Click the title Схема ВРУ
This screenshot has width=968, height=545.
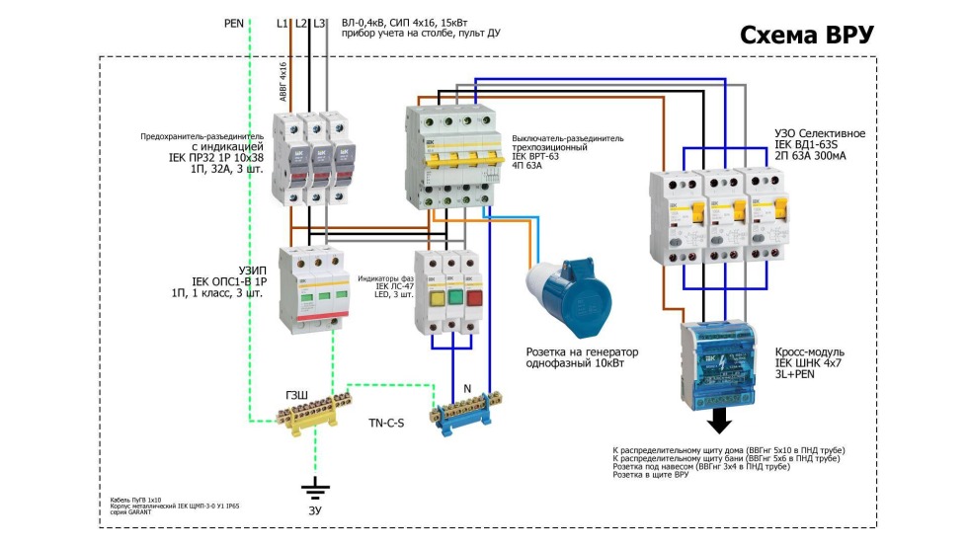point(807,35)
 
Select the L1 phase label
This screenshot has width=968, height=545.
point(283,22)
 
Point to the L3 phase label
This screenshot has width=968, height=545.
point(320,22)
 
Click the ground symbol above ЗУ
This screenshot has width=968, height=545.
point(316,488)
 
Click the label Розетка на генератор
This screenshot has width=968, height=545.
point(583,352)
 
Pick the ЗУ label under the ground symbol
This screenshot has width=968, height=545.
point(316,510)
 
